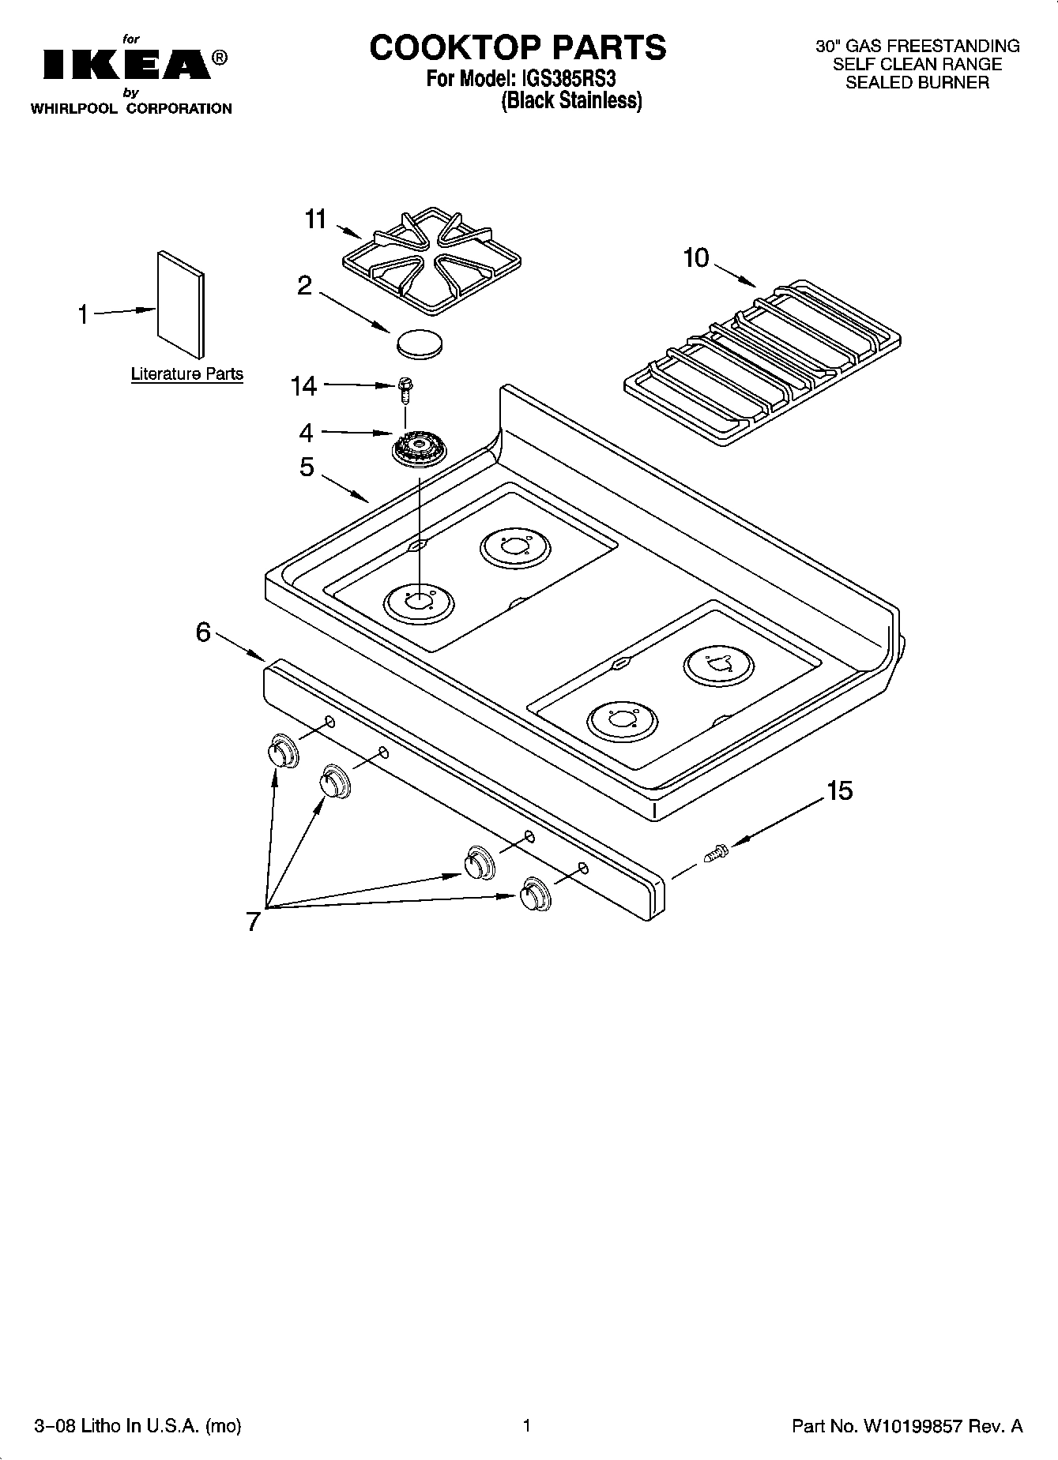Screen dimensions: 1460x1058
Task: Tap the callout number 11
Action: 316,219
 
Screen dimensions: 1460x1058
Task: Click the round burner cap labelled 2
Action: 419,342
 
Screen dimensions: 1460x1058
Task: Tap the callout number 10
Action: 696,258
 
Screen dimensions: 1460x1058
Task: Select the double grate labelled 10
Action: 762,360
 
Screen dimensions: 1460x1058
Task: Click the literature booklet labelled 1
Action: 181,305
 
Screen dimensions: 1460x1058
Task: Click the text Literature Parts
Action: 187,374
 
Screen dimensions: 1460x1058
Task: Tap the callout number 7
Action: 253,921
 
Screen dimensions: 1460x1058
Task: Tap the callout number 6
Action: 203,632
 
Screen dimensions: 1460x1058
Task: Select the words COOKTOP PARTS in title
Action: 518,47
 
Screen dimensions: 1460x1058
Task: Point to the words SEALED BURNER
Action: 917,83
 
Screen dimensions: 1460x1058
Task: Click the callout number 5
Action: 307,467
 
